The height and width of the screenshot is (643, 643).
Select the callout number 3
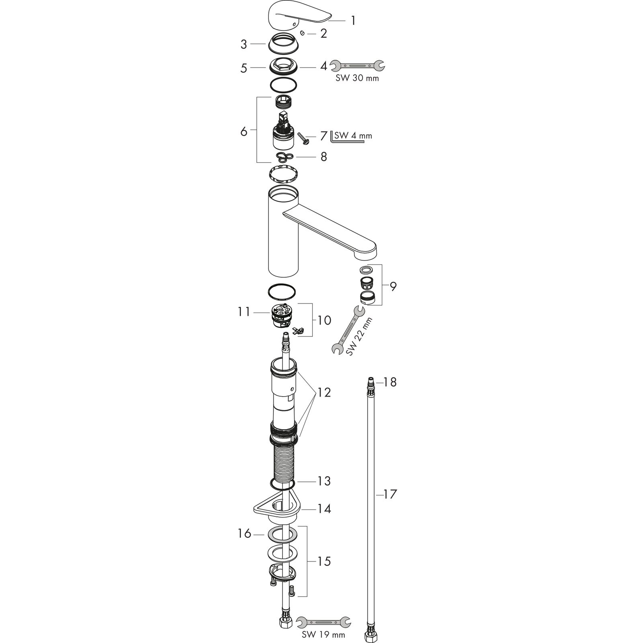pyautogui.click(x=244, y=44)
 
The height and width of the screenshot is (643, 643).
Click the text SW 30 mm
pyautogui.click(x=357, y=78)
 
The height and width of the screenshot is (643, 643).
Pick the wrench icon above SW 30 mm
pyautogui.click(x=357, y=65)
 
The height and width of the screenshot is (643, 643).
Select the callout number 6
pyautogui.click(x=244, y=131)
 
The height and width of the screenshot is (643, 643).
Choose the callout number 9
pyautogui.click(x=393, y=287)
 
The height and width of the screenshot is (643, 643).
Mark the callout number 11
pyautogui.click(x=244, y=312)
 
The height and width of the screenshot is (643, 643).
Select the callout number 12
pyautogui.click(x=324, y=392)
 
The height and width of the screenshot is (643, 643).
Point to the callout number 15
pyautogui.click(x=324, y=561)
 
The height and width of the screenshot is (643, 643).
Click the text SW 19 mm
pyautogui.click(x=323, y=635)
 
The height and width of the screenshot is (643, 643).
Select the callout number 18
pyautogui.click(x=390, y=382)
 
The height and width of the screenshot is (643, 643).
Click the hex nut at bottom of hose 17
pyautogui.click(x=371, y=636)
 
